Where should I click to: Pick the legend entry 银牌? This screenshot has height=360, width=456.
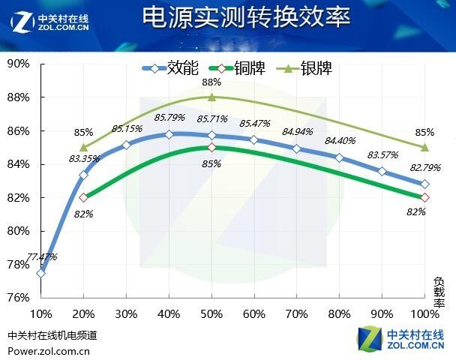pyautogui.click(x=315, y=69)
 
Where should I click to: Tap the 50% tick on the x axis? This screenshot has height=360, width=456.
pyautogui.click(x=211, y=313)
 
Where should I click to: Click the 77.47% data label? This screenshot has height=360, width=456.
pyautogui.click(x=42, y=257)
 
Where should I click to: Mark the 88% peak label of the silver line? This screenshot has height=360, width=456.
pyautogui.click(x=211, y=82)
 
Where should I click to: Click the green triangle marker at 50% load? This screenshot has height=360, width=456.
pyautogui.click(x=212, y=97)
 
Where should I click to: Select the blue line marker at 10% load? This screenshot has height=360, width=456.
pyautogui.click(x=40, y=273)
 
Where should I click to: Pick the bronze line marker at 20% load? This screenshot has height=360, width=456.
pyautogui.click(x=83, y=197)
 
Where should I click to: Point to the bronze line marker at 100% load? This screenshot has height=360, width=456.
pyautogui.click(x=425, y=197)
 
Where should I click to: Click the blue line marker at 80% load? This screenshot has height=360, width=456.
pyautogui.click(x=340, y=157)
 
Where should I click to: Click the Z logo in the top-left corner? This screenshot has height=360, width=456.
pyautogui.click(x=22, y=21)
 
